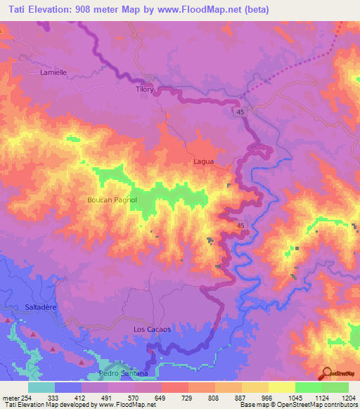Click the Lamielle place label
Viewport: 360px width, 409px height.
tap(53, 72)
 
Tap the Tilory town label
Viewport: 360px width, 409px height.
tap(143, 90)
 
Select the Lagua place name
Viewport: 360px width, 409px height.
tap(203, 162)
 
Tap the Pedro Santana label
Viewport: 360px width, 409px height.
tap(124, 373)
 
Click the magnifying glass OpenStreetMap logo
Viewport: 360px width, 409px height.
tap(327, 373)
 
